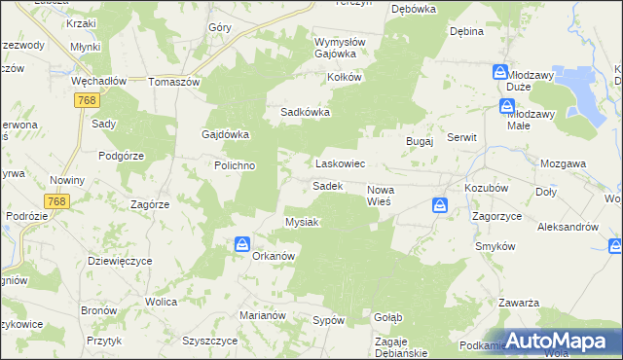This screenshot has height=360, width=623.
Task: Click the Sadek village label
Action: (x=326, y=185)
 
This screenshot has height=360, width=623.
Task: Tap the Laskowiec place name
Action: (x=339, y=164)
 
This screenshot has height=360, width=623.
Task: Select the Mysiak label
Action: (x=302, y=222)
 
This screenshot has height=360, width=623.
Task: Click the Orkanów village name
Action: (x=274, y=256)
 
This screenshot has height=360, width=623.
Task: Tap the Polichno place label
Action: (x=235, y=165)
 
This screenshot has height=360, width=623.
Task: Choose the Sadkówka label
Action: (x=306, y=112)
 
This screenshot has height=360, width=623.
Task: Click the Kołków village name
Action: (x=345, y=77)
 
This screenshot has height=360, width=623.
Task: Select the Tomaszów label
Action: (x=173, y=82)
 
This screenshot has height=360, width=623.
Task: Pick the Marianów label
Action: (x=262, y=315)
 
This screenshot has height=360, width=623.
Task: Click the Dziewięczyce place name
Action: (x=120, y=260)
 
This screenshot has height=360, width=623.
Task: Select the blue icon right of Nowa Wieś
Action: (x=440, y=205)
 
